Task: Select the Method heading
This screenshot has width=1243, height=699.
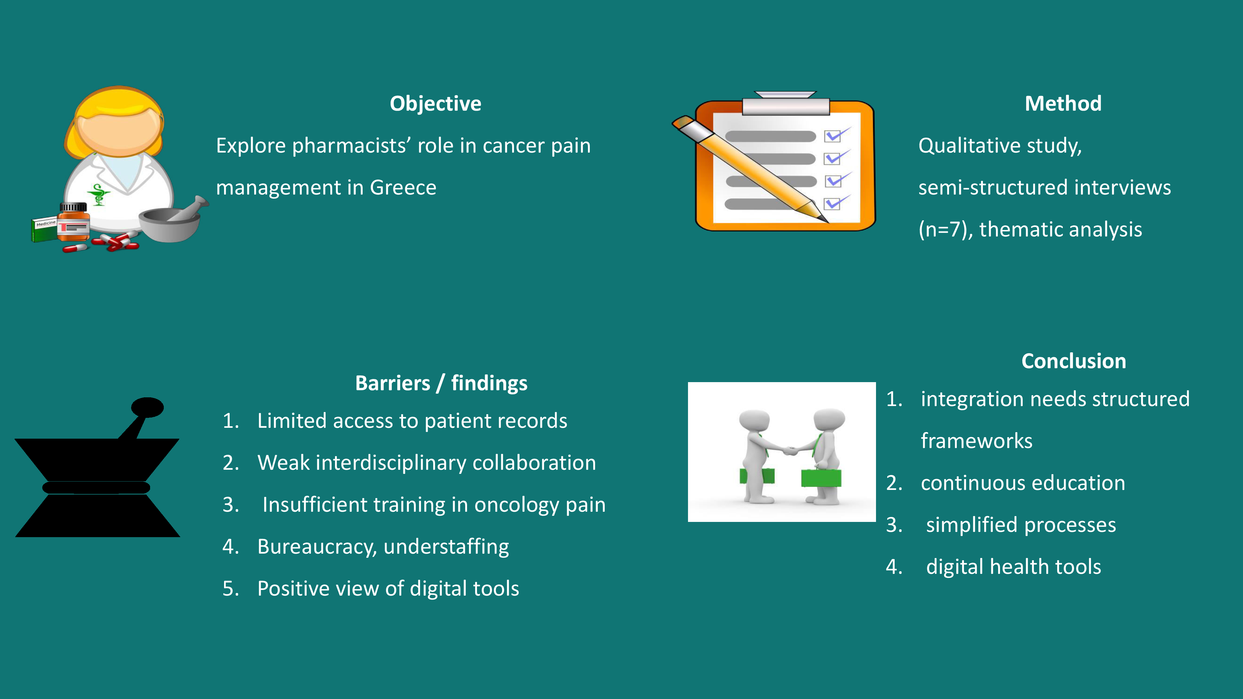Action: point(1063,103)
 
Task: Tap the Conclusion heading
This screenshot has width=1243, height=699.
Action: point(1074,361)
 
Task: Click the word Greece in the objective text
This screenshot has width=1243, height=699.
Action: point(403,187)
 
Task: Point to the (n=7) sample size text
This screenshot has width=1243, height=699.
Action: point(945,230)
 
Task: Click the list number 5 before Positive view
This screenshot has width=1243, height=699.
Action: point(231,588)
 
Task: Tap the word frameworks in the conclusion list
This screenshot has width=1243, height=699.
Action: point(977,441)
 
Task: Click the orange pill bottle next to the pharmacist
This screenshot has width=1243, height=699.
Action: point(73,222)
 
